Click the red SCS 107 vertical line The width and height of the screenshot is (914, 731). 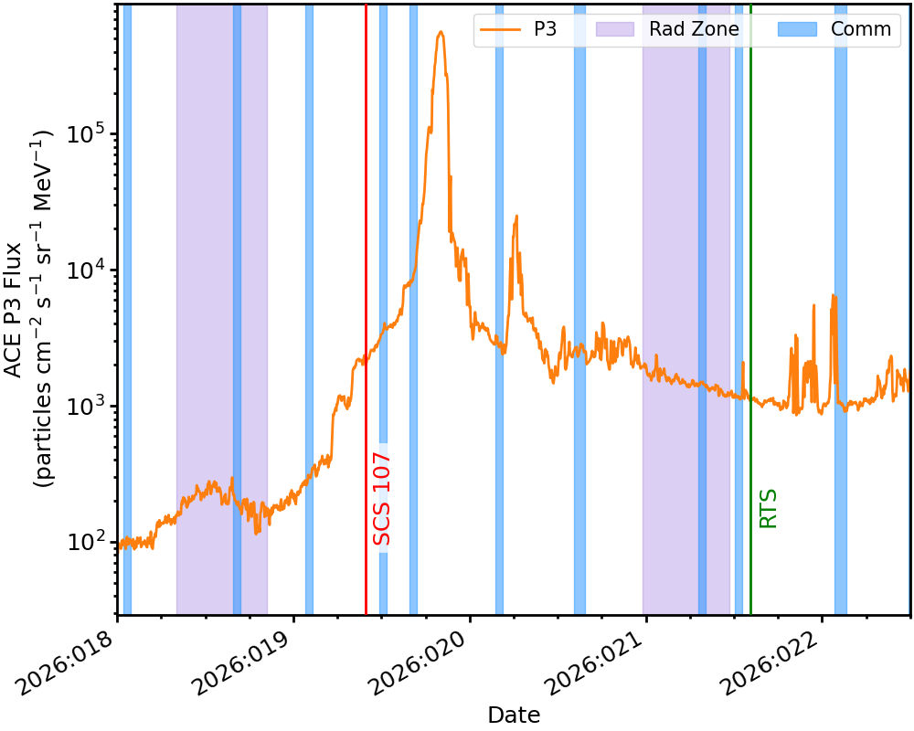pyautogui.click(x=366, y=274)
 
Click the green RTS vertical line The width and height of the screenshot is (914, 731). pyautogui.click(x=750, y=274)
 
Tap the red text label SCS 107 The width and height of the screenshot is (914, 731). pyautogui.click(x=382, y=498)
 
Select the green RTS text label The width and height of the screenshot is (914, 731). pyautogui.click(x=769, y=508)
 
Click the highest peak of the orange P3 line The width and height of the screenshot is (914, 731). pyautogui.click(x=441, y=32)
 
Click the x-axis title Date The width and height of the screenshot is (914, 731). pyautogui.click(x=514, y=715)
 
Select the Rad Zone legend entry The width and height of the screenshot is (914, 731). pyautogui.click(x=667, y=29)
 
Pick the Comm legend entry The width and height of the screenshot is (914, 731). pyautogui.click(x=834, y=29)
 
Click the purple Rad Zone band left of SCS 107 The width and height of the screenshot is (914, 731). pyautogui.click(x=205, y=365)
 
